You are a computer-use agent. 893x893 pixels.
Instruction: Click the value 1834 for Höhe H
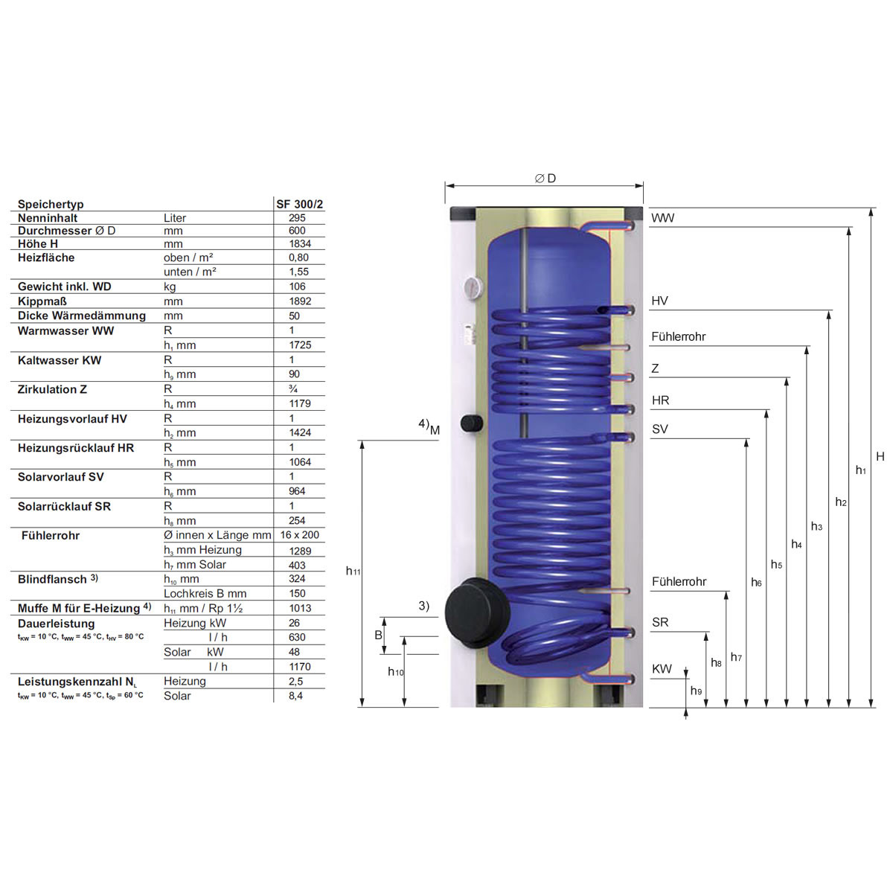pos(300,244)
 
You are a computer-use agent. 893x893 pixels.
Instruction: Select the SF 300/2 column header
pos(299,204)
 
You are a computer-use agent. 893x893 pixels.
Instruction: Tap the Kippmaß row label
pos(42,301)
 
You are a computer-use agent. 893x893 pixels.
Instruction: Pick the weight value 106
pos(297,287)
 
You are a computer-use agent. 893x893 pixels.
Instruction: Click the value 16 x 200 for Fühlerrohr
pos(299,535)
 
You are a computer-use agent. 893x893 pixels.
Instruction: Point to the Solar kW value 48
pos(294,652)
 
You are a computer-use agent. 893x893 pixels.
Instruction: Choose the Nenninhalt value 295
pos(297,218)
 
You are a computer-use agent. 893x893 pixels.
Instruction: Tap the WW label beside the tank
pos(663,218)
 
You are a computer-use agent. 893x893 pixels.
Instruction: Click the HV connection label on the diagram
pos(659,301)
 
